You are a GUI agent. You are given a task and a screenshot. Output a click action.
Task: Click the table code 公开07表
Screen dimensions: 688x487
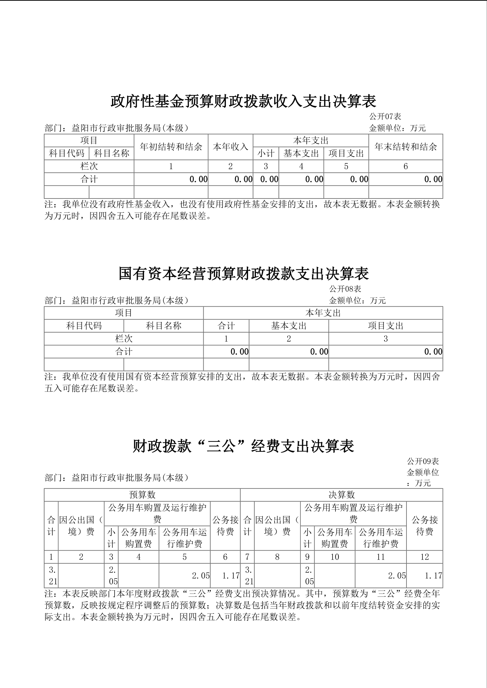(385, 116)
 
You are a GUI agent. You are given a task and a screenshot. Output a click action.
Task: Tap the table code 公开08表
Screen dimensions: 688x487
(345, 289)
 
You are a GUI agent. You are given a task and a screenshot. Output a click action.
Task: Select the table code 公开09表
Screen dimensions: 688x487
(423, 461)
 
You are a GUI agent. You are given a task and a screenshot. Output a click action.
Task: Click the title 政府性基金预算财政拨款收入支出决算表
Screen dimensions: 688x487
(243, 101)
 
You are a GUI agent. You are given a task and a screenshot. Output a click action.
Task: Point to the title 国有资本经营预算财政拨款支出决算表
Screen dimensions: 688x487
(243, 274)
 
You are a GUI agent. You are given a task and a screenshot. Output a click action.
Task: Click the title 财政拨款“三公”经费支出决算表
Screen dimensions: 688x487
(243, 446)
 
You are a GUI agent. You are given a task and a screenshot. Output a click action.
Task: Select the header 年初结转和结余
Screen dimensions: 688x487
(171, 147)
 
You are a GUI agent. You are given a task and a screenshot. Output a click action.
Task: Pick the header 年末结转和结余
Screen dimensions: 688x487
(406, 147)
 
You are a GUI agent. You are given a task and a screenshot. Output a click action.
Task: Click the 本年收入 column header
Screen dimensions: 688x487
(230, 147)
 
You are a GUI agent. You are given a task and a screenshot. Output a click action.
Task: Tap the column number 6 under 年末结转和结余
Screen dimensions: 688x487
(406, 166)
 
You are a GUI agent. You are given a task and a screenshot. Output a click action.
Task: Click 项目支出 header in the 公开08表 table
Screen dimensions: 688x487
(386, 326)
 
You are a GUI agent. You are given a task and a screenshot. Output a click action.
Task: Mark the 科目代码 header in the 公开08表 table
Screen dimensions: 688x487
(84, 326)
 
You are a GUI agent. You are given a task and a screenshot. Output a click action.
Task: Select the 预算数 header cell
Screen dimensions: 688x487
(142, 495)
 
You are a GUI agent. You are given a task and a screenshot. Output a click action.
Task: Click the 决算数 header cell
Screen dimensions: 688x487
(341, 495)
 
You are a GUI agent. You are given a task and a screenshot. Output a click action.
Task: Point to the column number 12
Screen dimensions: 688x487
(424, 557)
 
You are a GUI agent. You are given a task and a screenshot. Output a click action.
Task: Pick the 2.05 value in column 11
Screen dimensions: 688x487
(397, 576)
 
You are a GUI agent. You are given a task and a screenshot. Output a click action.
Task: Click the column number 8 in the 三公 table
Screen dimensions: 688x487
(277, 557)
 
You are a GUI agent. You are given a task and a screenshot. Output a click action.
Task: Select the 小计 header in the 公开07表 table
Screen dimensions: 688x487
(266, 153)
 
